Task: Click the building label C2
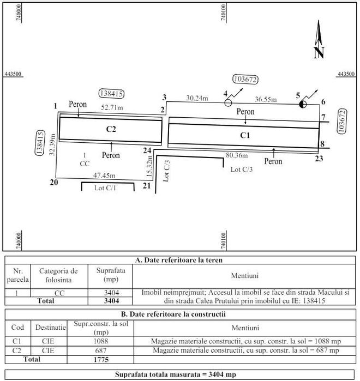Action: (x=111, y=129)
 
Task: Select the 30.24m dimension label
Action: (x=197, y=98)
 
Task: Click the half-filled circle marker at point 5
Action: (x=304, y=103)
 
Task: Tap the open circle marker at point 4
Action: (x=228, y=102)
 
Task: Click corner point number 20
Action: (x=53, y=182)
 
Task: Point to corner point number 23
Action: (x=319, y=159)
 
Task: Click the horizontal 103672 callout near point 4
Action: (x=245, y=80)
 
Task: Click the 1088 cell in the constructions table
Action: (x=100, y=341)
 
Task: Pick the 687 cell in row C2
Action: (x=100, y=350)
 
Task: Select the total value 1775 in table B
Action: (x=100, y=360)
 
